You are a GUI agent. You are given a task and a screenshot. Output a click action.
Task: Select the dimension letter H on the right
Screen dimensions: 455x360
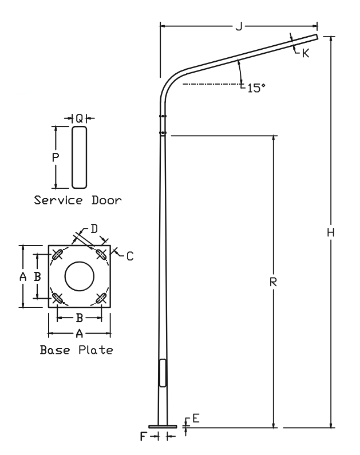tap(331, 232)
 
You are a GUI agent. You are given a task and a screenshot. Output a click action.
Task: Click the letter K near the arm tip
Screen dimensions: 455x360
tap(305, 53)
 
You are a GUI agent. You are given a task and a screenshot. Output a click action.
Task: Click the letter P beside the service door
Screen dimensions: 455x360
tap(56, 158)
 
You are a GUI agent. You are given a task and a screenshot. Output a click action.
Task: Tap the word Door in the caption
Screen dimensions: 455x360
tap(106, 200)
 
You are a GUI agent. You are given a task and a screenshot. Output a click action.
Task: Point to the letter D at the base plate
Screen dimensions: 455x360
tap(95, 229)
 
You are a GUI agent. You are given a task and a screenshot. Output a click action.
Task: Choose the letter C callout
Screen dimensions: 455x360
tap(130, 256)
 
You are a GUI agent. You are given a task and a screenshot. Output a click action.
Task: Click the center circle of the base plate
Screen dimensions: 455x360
tap(79, 276)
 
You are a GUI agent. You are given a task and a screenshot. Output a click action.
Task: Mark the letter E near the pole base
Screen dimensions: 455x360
tap(195, 419)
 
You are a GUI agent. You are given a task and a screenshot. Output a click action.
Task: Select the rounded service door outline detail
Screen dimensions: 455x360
tap(80, 157)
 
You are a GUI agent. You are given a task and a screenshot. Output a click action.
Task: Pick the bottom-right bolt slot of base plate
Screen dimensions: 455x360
tap(101, 298)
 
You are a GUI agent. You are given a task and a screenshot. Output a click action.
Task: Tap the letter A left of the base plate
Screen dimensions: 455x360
tap(23, 276)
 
